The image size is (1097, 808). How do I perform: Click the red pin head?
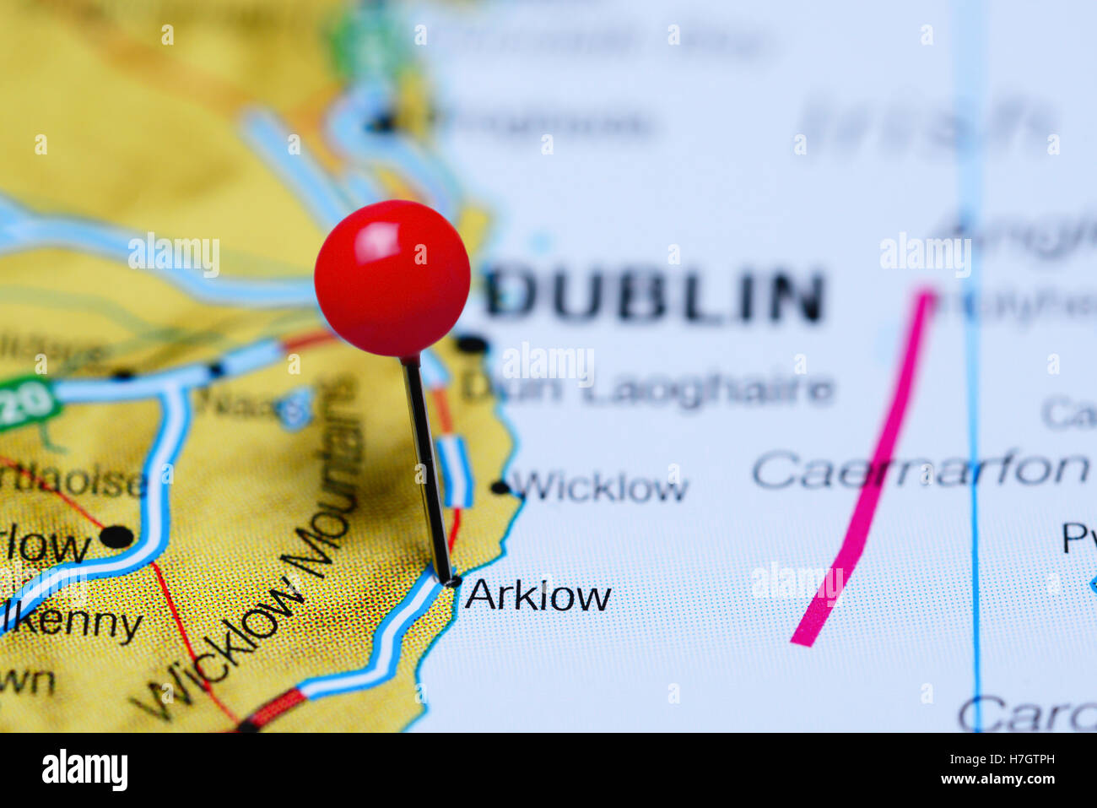[392, 278]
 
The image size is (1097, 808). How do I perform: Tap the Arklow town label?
[538, 596]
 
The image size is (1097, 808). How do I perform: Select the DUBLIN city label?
[655, 296]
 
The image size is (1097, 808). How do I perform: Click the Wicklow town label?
[600, 487]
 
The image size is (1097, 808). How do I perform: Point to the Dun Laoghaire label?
[647, 390]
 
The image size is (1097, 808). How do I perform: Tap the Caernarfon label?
[920, 469]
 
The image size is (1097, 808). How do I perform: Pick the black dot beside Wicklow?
[500, 487]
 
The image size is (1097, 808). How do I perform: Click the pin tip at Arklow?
[451, 581]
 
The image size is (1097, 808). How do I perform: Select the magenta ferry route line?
[869, 473]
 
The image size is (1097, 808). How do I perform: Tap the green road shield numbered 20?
[25, 404]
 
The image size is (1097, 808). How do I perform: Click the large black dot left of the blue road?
[116, 536]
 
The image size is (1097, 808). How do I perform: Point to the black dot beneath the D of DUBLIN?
[472, 344]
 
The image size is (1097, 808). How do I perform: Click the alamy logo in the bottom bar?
[85, 770]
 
